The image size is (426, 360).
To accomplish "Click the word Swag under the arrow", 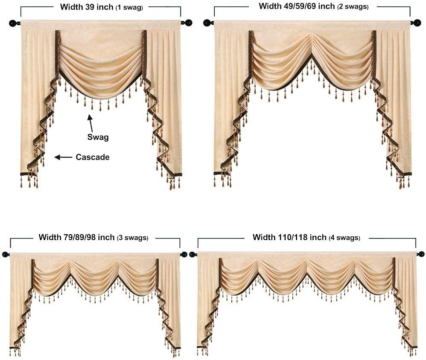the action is click(x=98, y=137).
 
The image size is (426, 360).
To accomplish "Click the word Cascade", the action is click(x=93, y=157).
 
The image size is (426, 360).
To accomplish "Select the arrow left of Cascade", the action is click(x=63, y=157).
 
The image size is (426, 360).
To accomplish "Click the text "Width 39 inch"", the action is click(x=87, y=7).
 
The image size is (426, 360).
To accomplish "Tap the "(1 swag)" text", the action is click(x=129, y=7).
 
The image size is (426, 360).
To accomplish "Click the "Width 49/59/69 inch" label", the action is click(x=297, y=6).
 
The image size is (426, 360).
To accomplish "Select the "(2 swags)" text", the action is click(x=353, y=7).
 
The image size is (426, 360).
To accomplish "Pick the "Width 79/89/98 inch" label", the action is click(x=76, y=237).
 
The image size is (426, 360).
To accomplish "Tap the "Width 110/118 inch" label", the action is click(x=289, y=237).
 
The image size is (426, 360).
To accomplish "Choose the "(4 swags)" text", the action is click(x=344, y=238).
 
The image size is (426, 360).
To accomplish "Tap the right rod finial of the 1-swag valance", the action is click(x=187, y=23).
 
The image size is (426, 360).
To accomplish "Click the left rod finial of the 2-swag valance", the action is click(x=207, y=23).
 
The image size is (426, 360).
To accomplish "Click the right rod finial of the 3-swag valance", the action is click(x=184, y=255).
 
